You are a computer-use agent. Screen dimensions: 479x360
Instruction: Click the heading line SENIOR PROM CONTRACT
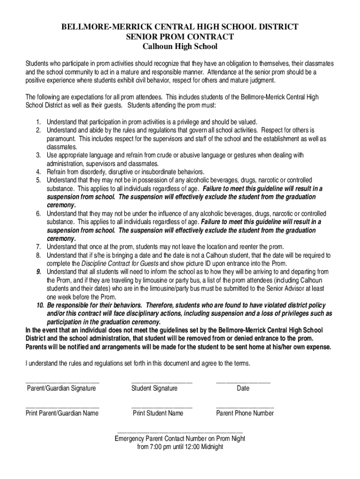(x=180, y=36)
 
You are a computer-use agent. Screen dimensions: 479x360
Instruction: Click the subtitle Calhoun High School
(x=180, y=47)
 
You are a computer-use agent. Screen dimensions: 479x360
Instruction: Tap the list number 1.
(x=38, y=122)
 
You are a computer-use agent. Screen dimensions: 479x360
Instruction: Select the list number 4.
(x=38, y=172)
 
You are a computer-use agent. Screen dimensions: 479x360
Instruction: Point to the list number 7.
(x=38, y=247)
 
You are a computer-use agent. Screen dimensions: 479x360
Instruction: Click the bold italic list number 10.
(x=40, y=305)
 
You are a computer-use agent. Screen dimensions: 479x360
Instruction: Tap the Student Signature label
(x=154, y=388)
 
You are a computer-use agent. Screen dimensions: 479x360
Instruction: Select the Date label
(x=243, y=388)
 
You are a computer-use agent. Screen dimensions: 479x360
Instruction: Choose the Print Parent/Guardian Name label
(x=62, y=413)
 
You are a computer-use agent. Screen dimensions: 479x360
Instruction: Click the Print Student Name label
(x=158, y=413)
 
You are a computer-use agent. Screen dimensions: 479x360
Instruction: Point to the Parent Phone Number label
(x=245, y=413)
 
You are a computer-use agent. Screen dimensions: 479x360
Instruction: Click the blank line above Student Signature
(x=162, y=382)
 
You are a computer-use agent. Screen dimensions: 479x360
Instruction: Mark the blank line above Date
(x=243, y=382)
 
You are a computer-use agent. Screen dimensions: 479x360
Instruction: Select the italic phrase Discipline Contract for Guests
(x=120, y=263)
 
